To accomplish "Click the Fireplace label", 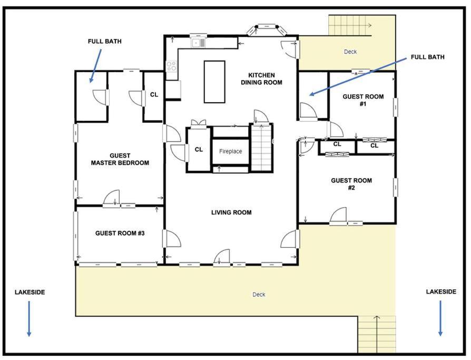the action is [x=230, y=151].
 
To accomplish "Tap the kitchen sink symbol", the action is [x=198, y=43].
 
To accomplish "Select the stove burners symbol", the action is [x=172, y=66].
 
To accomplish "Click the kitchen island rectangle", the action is [x=214, y=82].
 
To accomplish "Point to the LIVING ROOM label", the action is [x=231, y=212].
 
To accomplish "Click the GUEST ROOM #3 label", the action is [x=120, y=233].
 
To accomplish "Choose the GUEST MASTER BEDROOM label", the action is [x=120, y=159].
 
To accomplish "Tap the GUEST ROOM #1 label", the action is [x=363, y=100].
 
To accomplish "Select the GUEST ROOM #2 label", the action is [x=351, y=184].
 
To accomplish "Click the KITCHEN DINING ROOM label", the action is [x=261, y=79].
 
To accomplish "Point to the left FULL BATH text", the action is [x=104, y=42].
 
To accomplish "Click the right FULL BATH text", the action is [x=427, y=57].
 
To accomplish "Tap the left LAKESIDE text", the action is [x=30, y=292].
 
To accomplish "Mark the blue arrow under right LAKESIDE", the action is [x=440, y=318].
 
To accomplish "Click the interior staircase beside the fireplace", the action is [x=262, y=148].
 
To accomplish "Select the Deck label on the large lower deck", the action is [x=259, y=295].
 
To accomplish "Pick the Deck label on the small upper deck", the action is [x=350, y=52].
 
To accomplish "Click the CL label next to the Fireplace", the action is [x=199, y=149].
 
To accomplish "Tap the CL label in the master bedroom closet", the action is [x=154, y=95].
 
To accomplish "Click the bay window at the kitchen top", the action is [x=267, y=28].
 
